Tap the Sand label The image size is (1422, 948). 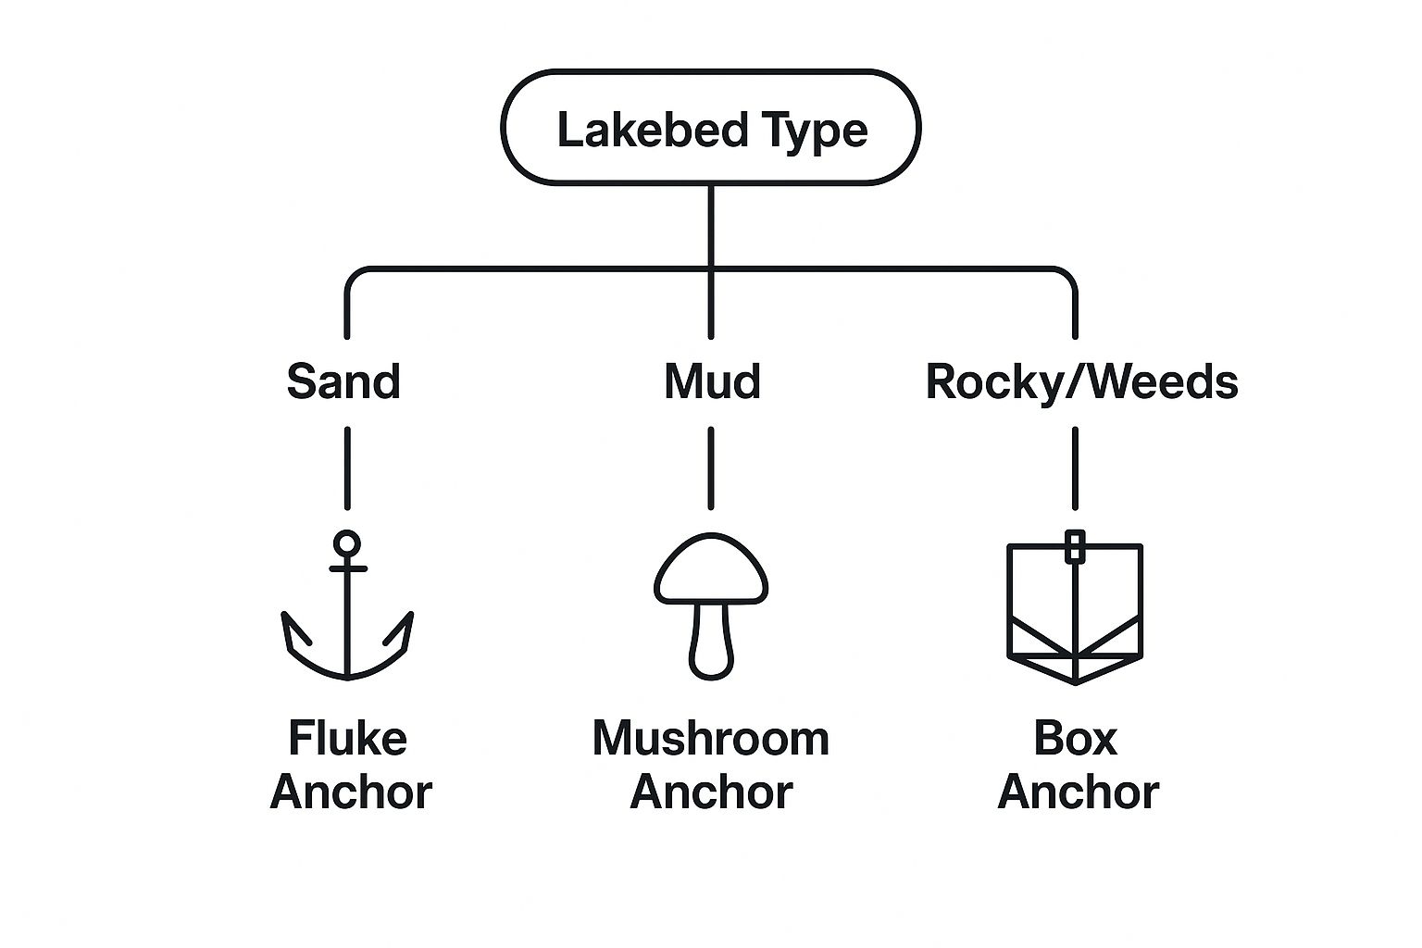pyautogui.click(x=343, y=381)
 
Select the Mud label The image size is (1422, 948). pyautogui.click(x=712, y=381)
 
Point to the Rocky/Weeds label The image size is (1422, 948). pyautogui.click(x=1081, y=381)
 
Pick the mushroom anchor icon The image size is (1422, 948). pyautogui.click(x=711, y=606)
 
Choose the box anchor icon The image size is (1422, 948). pyautogui.click(x=1075, y=611)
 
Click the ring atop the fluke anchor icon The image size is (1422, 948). pyautogui.click(x=347, y=543)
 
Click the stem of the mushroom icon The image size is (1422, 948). pyautogui.click(x=711, y=643)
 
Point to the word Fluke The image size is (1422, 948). pyautogui.click(x=347, y=739)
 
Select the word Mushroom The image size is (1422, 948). pyautogui.click(x=711, y=739)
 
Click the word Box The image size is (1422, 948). pyautogui.click(x=1075, y=739)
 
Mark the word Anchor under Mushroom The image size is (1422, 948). pyautogui.click(x=711, y=792)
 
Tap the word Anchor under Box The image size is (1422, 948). pyautogui.click(x=1078, y=792)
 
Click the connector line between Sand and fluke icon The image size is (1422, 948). pyautogui.click(x=347, y=468)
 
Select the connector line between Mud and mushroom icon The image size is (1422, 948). pyautogui.click(x=711, y=468)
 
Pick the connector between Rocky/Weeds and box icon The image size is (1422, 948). pyautogui.click(x=1075, y=468)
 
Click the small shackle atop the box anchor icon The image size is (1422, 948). pyautogui.click(x=1075, y=547)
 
